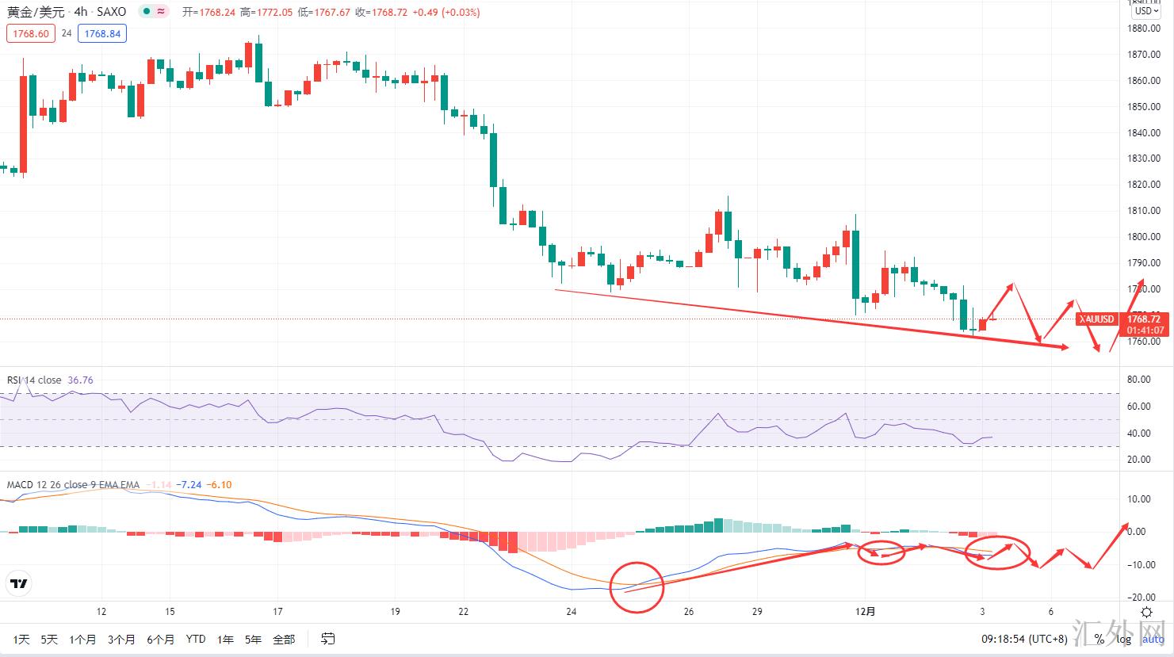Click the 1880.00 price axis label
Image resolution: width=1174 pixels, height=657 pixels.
click(1143, 29)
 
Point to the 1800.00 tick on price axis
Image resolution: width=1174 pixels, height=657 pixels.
click(1143, 237)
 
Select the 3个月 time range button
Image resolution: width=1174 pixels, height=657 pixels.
click(121, 639)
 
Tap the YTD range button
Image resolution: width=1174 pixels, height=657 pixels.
click(195, 639)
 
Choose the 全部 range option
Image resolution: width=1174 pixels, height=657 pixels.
click(284, 639)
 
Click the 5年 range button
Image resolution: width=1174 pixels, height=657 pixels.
click(253, 639)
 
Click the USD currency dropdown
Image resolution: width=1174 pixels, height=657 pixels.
click(1145, 11)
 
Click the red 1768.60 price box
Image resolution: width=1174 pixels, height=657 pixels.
click(31, 33)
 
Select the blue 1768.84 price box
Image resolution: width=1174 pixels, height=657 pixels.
click(102, 33)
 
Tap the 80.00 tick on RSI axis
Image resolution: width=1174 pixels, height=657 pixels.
click(1138, 380)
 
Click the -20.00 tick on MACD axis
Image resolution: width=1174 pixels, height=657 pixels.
click(1138, 598)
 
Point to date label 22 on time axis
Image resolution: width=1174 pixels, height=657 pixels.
click(464, 612)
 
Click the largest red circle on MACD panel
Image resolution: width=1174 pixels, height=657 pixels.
click(637, 587)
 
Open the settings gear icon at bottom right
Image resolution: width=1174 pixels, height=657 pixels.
click(1146, 612)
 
